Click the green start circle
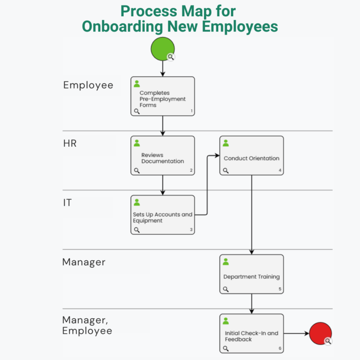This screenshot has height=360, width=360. tap(162, 49)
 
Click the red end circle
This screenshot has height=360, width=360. tap(321, 334)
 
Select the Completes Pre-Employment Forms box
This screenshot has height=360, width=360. tap(162, 96)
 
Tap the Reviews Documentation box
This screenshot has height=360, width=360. tap(162, 155)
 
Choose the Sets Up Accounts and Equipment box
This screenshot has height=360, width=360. tap(162, 215)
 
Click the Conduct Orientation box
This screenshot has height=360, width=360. tap(251, 155)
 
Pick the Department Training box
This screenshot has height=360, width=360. tap(251, 274)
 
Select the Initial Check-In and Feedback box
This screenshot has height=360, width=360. tap(251, 333)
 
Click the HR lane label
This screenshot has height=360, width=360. tap(70, 143)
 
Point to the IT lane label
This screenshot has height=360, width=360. tap(67, 203)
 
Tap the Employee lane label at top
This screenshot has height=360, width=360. tap(88, 85)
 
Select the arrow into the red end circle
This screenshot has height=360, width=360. tap(296, 334)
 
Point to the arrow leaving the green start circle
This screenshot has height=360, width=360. tap(163, 68)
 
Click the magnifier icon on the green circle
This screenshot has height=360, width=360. tap(171, 57)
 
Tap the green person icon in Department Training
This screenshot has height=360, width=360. tap(226, 262)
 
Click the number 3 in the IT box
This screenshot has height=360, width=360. tap(191, 230)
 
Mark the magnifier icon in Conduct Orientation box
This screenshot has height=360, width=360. tap(226, 171)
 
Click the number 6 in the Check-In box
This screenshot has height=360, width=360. tap(280, 348)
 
